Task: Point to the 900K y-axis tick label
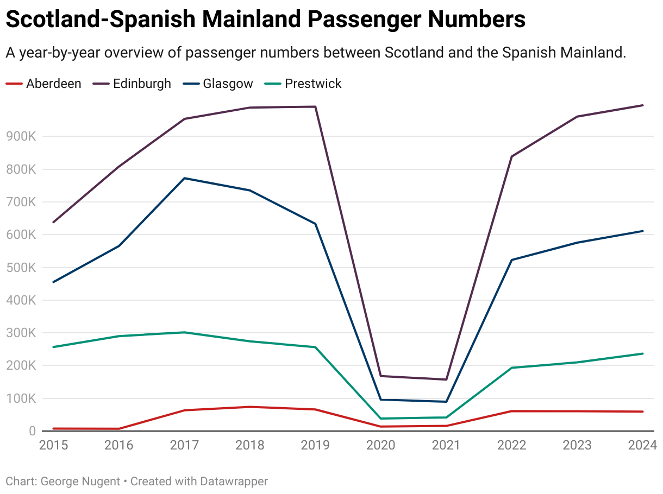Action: pyautogui.click(x=21, y=137)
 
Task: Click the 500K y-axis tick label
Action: pyautogui.click(x=21, y=268)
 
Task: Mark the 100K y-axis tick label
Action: pyautogui.click(x=21, y=398)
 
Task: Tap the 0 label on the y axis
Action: pyautogui.click(x=32, y=431)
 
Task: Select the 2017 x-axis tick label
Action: pyautogui.click(x=184, y=446)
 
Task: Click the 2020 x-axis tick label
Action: pyautogui.click(x=380, y=446)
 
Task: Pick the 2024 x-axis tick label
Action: pyautogui.click(x=642, y=446)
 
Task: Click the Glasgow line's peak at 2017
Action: pyautogui.click(x=184, y=178)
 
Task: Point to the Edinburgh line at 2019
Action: pyautogui.click(x=315, y=107)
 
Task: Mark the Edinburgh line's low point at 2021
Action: pyautogui.click(x=446, y=379)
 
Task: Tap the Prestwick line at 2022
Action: pyautogui.click(x=511, y=368)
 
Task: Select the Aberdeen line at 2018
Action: pyautogui.click(x=250, y=407)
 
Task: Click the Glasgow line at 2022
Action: pyautogui.click(x=511, y=260)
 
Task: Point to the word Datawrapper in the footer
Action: pyautogui.click(x=234, y=481)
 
